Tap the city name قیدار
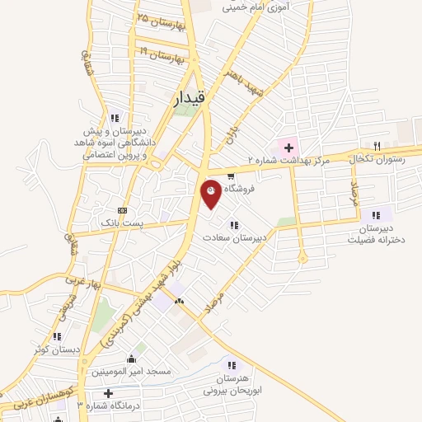[x=195, y=100]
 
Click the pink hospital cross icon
[x=288, y=147]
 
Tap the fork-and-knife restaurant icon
[x=377, y=146]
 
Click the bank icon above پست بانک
[x=123, y=210]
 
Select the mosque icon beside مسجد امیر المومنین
[x=132, y=359]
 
